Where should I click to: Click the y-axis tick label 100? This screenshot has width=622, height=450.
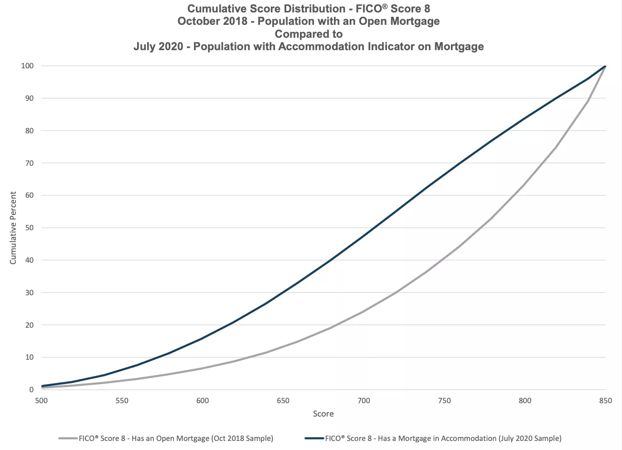27,66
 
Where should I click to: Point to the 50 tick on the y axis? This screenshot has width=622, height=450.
29,228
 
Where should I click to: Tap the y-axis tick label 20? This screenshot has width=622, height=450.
29,325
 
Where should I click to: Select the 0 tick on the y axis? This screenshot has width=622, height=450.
31,390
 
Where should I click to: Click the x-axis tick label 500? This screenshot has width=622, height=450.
42,401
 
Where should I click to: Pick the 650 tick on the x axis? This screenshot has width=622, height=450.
283,401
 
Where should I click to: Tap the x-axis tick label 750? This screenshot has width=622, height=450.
444,401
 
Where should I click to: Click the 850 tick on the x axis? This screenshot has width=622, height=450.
605,401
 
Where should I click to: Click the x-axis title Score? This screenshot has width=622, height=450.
323,414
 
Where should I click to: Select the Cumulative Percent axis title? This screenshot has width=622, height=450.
13,228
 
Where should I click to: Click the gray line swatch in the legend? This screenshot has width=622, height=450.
68,438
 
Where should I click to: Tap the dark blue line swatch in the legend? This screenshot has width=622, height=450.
314,438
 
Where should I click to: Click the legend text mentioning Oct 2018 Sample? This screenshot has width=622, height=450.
176,438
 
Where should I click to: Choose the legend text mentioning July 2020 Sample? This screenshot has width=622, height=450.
443,438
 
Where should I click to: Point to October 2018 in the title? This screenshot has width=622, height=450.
213,21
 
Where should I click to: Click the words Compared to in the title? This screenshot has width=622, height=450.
309,34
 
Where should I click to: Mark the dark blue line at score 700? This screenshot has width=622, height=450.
364,236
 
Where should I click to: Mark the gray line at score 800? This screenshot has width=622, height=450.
525,184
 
